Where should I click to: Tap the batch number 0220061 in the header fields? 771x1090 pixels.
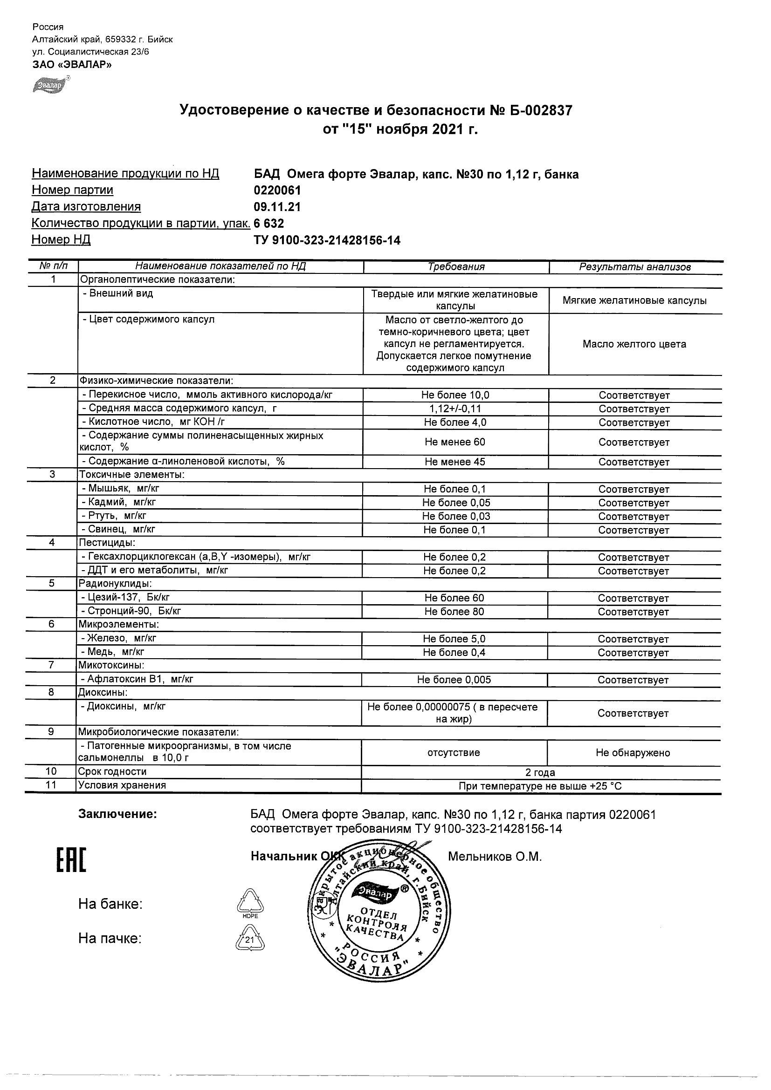pyautogui.click(x=277, y=191)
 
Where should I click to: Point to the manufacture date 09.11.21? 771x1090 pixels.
pyautogui.click(x=277, y=207)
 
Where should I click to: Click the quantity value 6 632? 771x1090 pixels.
pyautogui.click(x=269, y=223)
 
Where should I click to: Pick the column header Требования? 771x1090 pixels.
pyautogui.click(x=456, y=267)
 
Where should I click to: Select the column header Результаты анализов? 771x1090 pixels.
pyautogui.click(x=635, y=267)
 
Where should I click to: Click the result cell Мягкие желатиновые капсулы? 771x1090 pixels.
pyautogui.click(x=635, y=300)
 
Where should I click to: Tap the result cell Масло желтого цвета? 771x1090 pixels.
pyautogui.click(x=635, y=344)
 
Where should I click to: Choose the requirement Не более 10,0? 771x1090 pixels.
pyautogui.click(x=455, y=395)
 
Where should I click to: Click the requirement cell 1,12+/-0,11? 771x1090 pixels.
pyautogui.click(x=455, y=409)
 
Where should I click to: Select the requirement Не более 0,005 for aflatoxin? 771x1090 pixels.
pyautogui.click(x=454, y=680)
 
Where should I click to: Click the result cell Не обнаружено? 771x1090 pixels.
pyautogui.click(x=633, y=753)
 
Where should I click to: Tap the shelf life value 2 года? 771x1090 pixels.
pyautogui.click(x=540, y=772)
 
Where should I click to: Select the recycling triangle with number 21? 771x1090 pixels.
pyautogui.click(x=250, y=940)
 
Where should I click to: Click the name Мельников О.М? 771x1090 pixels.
pyautogui.click(x=495, y=857)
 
